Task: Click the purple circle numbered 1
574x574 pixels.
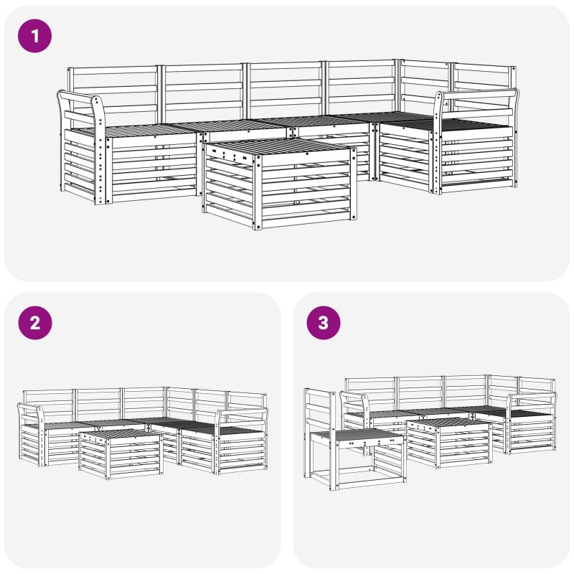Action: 34,36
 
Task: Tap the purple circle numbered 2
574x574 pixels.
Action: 35,323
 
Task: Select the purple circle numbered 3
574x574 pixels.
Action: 324,323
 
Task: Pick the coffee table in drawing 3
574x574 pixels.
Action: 449,443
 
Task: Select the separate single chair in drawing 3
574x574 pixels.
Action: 354,439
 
